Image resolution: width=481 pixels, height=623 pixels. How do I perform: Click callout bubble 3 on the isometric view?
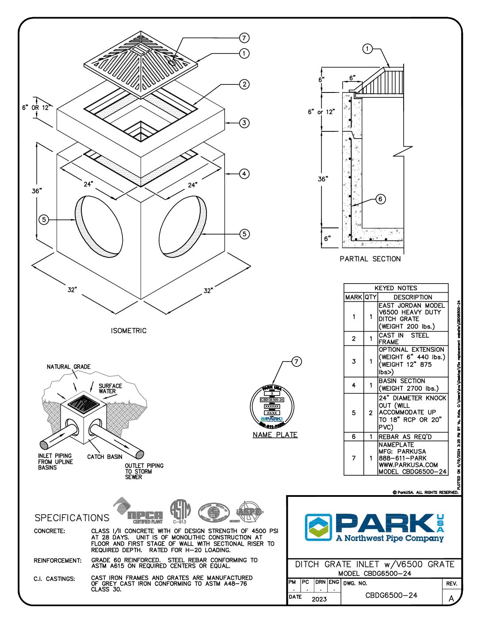(x=244, y=123)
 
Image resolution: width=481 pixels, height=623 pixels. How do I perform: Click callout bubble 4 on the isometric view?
(x=244, y=174)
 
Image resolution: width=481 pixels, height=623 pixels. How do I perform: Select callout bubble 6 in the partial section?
(x=381, y=199)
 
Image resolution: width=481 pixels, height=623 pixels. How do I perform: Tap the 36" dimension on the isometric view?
(x=36, y=191)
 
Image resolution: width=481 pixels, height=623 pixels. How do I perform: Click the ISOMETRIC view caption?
(x=129, y=331)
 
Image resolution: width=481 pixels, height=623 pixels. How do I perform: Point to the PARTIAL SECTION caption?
(x=370, y=259)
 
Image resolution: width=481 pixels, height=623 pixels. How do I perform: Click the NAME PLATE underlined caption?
(x=275, y=435)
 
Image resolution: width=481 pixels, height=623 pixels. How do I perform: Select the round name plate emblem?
(x=272, y=406)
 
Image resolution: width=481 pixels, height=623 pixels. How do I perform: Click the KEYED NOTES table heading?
(x=396, y=288)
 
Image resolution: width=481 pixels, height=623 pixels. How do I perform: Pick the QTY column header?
(x=370, y=297)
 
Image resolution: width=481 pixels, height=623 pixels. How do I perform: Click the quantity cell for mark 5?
(x=370, y=412)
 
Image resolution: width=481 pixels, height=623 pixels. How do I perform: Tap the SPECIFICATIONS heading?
(x=72, y=518)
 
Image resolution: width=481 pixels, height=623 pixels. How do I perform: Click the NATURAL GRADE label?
(x=69, y=367)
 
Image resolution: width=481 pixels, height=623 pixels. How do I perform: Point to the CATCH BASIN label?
(x=105, y=457)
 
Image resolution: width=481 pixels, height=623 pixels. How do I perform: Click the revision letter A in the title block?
(x=451, y=598)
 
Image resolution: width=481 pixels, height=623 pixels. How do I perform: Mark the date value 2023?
(x=319, y=599)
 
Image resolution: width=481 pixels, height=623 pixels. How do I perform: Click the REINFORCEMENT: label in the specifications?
(x=57, y=561)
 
